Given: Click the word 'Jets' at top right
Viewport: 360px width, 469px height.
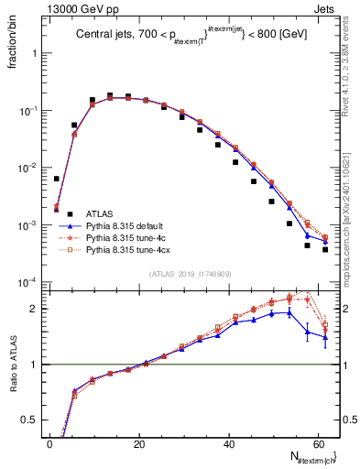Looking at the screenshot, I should [325, 7].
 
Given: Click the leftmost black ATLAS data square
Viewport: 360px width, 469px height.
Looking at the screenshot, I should [56, 179].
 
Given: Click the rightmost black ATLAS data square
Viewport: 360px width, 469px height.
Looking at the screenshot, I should [325, 249].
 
